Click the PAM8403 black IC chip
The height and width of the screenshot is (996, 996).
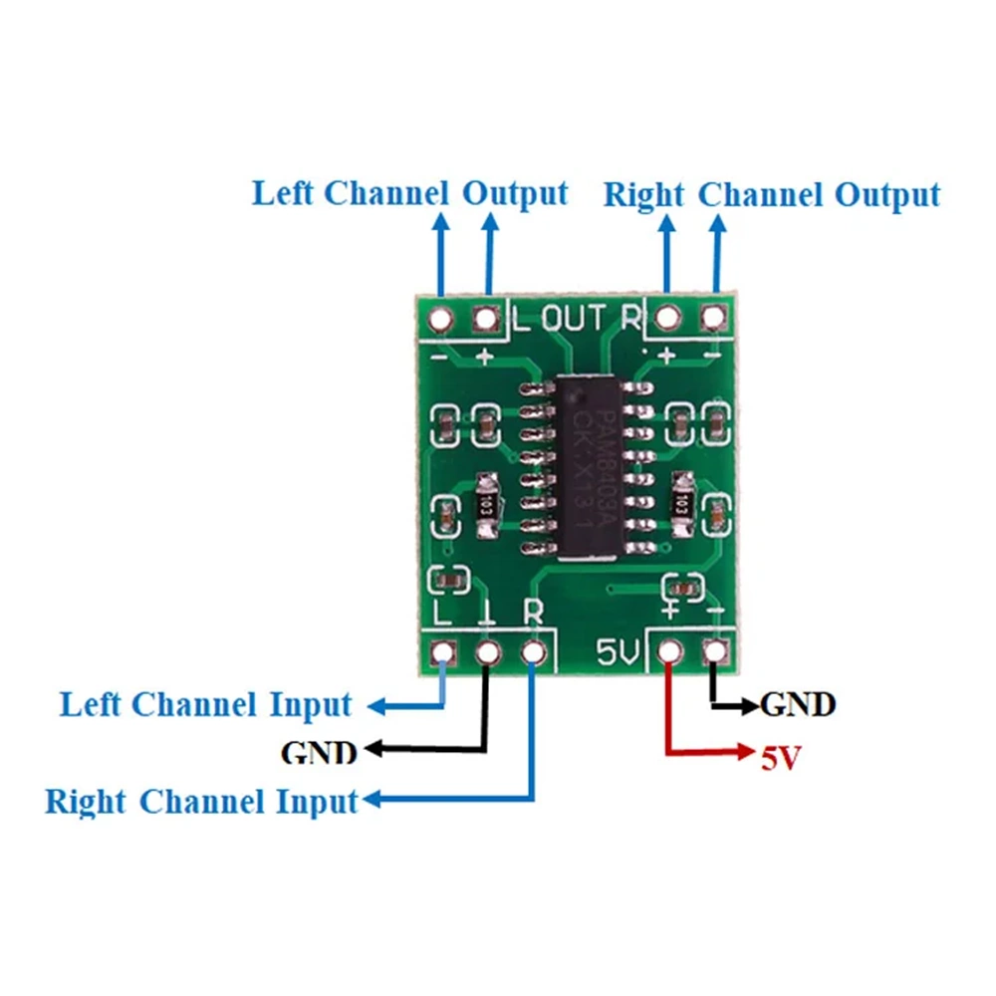tap(589, 466)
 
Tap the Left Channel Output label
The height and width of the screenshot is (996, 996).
tap(409, 193)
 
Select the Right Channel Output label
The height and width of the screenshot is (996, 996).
tap(771, 195)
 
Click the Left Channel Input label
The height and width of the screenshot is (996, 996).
tap(206, 705)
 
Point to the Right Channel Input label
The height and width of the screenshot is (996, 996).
tap(201, 801)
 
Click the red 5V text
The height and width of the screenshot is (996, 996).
tap(782, 759)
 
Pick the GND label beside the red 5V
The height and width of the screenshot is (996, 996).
tap(797, 705)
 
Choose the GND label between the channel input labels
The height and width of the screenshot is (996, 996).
tap(319, 751)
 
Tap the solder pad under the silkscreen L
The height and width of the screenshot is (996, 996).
tap(441, 653)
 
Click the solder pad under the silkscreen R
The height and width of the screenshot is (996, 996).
tap(534, 653)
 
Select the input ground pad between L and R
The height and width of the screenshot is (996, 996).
tap(487, 653)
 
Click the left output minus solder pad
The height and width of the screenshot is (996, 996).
tap(439, 320)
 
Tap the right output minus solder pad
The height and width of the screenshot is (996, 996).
tap(713, 319)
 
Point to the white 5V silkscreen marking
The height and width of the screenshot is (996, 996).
tap(618, 652)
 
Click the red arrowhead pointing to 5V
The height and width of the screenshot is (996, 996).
tap(748, 750)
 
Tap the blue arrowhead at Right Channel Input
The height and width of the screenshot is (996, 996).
tap(373, 800)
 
